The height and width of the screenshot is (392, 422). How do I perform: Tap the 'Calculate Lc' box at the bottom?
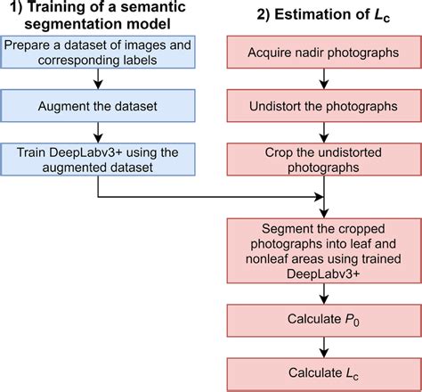[323, 371]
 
